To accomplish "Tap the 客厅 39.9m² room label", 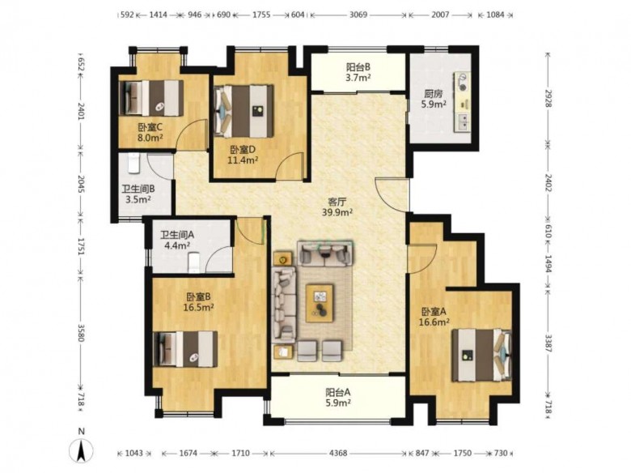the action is (x=337, y=207).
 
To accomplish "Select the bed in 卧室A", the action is (x=481, y=355).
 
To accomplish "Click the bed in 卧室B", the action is (x=186, y=349).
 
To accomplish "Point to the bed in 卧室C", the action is (x=152, y=98).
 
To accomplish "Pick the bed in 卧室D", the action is (x=244, y=111).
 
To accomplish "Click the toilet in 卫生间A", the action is (x=194, y=262).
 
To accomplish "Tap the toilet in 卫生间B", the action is (x=133, y=164).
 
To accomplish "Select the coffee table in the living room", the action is (x=320, y=303).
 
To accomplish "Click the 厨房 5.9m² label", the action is (x=433, y=99).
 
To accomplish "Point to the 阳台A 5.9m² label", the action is (x=338, y=397).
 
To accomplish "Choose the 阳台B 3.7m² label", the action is (x=358, y=72).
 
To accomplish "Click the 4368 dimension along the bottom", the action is (x=338, y=454).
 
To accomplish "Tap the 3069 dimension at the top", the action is (x=358, y=15).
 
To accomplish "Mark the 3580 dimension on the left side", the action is (x=80, y=333).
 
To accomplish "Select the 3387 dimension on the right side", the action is (x=548, y=343).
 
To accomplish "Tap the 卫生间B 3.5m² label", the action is (x=138, y=194).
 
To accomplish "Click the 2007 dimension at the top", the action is (x=440, y=15).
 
